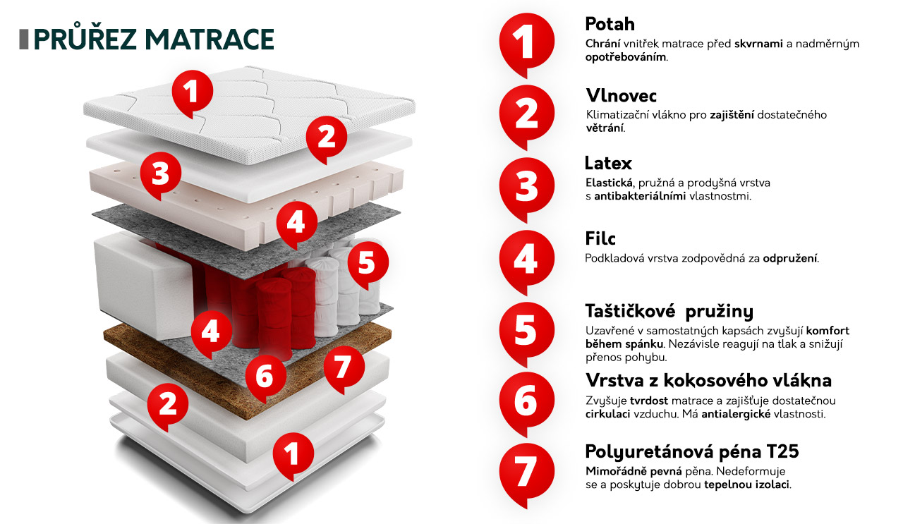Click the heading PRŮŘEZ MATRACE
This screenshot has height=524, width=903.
point(154,39)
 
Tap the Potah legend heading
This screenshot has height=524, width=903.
point(610,24)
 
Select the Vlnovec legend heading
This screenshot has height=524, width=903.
point(622,95)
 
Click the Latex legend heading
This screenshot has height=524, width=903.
point(608,163)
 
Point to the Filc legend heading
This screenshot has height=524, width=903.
point(600,238)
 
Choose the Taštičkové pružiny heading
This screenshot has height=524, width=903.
point(669,311)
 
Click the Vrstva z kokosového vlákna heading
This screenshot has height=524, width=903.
point(708,380)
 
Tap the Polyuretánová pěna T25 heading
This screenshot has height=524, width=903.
point(692,451)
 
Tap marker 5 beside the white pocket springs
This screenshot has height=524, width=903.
point(368,264)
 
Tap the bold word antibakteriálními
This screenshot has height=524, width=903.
point(640,197)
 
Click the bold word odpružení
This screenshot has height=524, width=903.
point(790,259)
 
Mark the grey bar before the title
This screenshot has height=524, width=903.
point(24,39)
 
